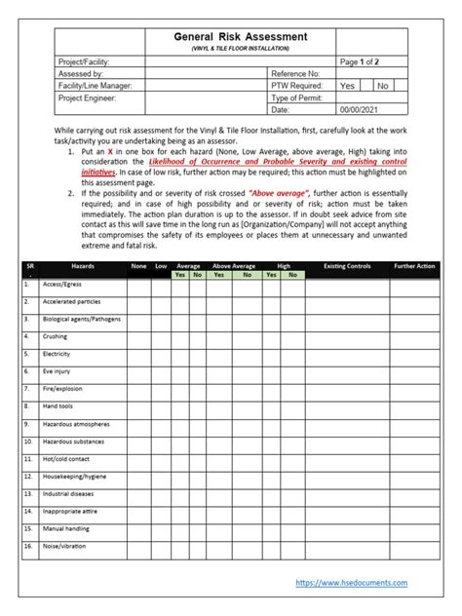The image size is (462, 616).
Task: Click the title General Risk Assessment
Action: pos(240,36)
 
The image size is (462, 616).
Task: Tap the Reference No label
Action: pos(295,73)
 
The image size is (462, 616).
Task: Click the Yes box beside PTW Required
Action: pos(347,86)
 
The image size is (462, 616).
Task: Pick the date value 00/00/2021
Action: pos(360,111)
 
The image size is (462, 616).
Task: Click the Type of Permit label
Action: pos(297,98)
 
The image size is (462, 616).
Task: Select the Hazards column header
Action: pos(83,265)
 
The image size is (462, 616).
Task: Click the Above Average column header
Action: pos(234,265)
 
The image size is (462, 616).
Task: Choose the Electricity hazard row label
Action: pos(57,354)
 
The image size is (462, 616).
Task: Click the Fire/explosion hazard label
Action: pos(61,389)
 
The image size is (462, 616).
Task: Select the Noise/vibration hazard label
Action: pos(63,546)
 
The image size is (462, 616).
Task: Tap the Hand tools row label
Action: pos(57,406)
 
